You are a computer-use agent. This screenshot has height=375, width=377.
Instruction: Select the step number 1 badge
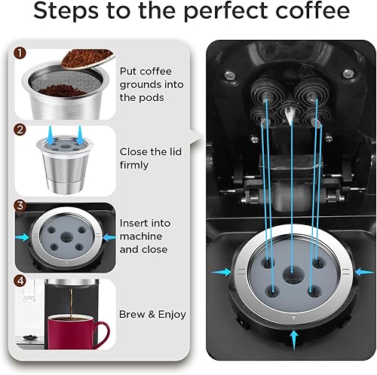pos(21,55)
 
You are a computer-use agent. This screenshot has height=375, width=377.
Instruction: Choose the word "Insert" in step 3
pos(134,224)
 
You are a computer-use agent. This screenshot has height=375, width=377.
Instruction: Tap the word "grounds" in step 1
pos(141,84)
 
